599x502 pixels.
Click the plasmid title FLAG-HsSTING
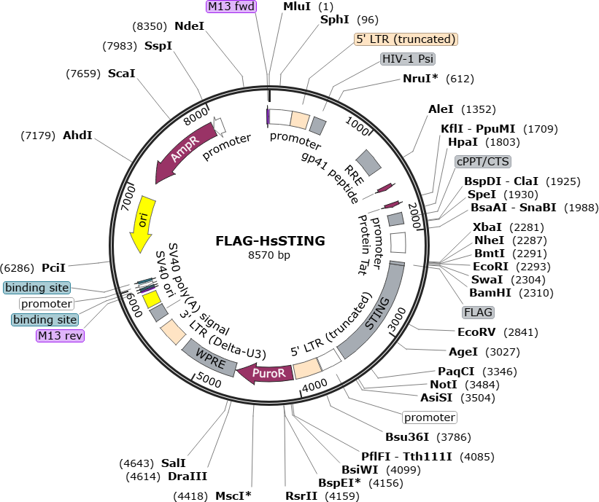point(270,240)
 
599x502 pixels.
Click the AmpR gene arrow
point(182,150)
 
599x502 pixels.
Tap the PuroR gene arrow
point(266,373)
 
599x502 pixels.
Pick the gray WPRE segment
point(209,358)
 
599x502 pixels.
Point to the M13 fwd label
point(231,6)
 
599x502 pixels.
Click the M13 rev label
point(60,336)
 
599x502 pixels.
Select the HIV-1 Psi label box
point(408,59)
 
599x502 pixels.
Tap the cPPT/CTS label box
point(483,161)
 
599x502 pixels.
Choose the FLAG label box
point(478,313)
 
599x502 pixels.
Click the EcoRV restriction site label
point(476,332)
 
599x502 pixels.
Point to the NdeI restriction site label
point(190,26)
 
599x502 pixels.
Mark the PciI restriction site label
point(53,268)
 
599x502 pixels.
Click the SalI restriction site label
point(174,463)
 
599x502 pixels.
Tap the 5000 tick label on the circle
point(209,380)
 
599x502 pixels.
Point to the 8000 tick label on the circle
point(196,116)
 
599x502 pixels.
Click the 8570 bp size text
point(269,255)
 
